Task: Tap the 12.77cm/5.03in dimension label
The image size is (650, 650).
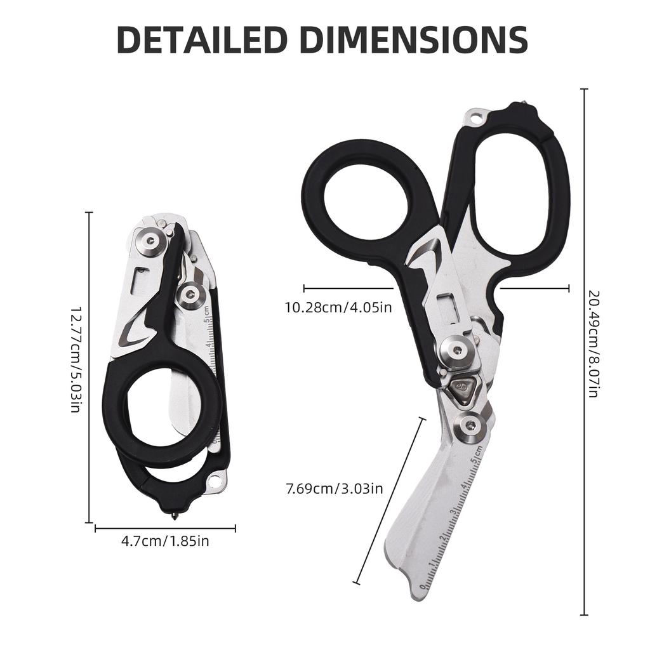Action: click(75, 360)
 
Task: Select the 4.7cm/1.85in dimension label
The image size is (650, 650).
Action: click(165, 541)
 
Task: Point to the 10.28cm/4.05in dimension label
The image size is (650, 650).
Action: click(338, 308)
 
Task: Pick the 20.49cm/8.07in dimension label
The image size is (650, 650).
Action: click(594, 344)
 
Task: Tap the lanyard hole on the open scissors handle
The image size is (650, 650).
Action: click(476, 117)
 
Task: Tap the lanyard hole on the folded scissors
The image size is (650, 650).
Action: click(215, 482)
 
